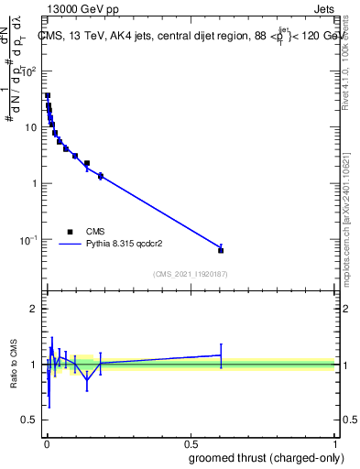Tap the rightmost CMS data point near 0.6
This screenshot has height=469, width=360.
(x=221, y=250)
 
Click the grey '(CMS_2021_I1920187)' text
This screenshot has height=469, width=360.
(x=190, y=274)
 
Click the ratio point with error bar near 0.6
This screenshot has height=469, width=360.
(x=221, y=354)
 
